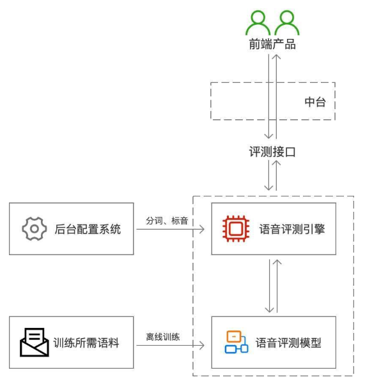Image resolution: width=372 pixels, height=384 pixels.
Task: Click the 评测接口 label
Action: (273, 152)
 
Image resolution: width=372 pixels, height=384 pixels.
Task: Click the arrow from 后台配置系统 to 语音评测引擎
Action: (169, 229)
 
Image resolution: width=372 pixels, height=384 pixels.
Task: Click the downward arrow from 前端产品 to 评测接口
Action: (269, 96)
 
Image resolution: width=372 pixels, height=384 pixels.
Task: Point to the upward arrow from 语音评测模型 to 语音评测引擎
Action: (277, 284)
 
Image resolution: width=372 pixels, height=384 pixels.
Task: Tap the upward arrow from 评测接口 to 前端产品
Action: (277, 96)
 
